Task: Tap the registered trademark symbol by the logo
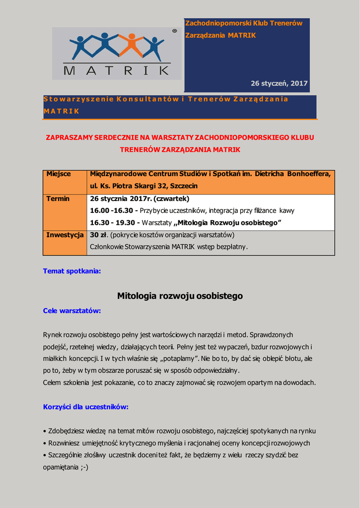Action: [174, 31]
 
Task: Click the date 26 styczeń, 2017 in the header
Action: [279, 83]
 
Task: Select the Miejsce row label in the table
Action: [59, 174]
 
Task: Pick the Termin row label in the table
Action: [58, 198]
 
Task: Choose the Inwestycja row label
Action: [65, 235]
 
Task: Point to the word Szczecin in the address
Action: [184, 186]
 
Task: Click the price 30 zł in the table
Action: [98, 235]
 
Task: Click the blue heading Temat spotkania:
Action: [72, 271]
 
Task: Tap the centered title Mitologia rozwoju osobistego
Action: [180, 296]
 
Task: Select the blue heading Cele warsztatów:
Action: [72, 311]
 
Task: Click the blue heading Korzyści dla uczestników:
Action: [86, 407]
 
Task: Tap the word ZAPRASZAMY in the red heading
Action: [71, 137]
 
